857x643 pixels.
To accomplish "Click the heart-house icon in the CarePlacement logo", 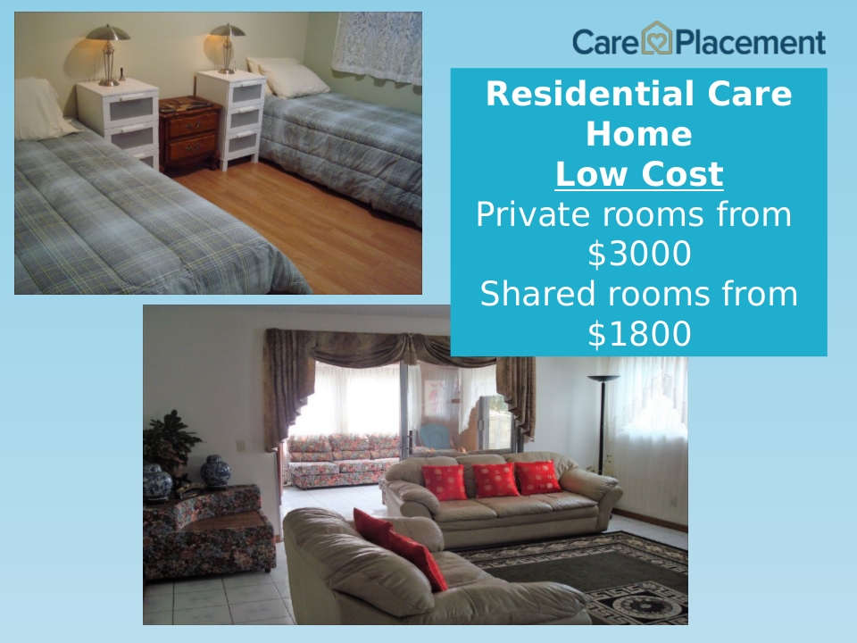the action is pos(656,38).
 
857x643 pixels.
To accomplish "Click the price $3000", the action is pos(639,254).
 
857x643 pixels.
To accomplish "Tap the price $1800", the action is pos(639,334).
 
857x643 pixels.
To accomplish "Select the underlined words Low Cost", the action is pos(639,174).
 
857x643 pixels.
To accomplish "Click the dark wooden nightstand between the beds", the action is pos(190,133).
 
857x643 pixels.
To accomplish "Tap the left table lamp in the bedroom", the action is pos(108,54).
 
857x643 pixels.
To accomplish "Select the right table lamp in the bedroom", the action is pos(228,48).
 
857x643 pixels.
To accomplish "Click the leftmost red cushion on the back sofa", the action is pos(445,481).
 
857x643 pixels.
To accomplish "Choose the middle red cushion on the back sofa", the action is pos(495,480).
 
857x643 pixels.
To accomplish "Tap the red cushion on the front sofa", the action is pos(401,548).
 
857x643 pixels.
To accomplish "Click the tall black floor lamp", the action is pos(603,423).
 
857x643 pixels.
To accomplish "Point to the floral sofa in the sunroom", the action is pos(343,460).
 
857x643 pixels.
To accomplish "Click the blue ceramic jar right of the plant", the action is pos(215,471).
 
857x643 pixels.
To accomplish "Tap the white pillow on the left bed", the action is pos(42,109).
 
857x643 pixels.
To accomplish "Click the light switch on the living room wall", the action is pos(240,447).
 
